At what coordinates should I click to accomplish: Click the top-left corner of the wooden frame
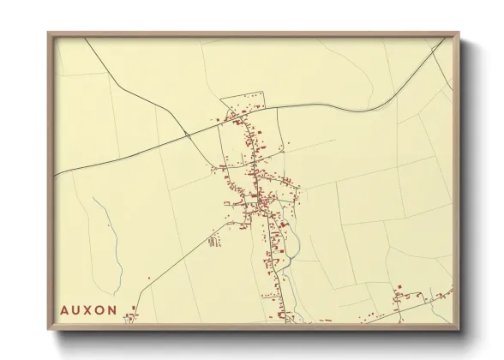tap(48, 33)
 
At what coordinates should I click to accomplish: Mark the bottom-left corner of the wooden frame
tap(48, 330)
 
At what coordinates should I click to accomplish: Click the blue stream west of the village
tap(111, 240)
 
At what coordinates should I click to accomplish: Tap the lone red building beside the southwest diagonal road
tap(151, 278)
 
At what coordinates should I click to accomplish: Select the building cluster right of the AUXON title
tap(131, 316)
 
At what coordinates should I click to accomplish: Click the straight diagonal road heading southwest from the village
tap(184, 257)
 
